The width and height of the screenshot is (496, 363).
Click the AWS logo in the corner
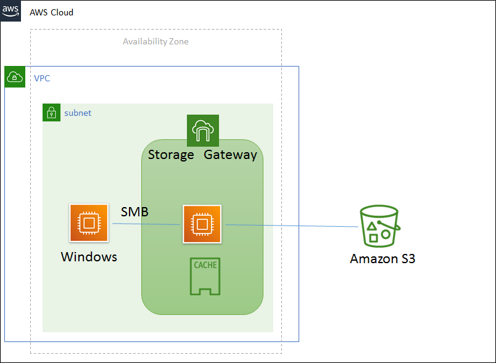[x=10, y=11]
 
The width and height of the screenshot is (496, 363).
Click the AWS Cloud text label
[x=51, y=12]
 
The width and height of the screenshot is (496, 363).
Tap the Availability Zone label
[x=155, y=42]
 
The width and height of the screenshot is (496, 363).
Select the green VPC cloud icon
[x=15, y=77]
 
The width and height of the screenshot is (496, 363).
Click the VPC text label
[x=42, y=78]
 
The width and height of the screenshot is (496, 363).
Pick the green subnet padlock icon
[x=52, y=113]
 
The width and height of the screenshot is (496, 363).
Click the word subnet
[x=78, y=113]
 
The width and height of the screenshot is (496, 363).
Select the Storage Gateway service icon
[x=202, y=131]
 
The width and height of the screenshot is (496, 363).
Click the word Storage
[x=171, y=155]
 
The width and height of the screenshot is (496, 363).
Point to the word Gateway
[x=230, y=155]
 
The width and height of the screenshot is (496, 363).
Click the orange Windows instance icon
[x=89, y=222]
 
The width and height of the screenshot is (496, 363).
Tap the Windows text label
[x=89, y=257]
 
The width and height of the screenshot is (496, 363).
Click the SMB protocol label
[x=134, y=212]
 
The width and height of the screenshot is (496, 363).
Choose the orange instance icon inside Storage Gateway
[x=201, y=224]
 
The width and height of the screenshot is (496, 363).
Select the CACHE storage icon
[x=205, y=277]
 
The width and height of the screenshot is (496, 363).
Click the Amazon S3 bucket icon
[x=379, y=227]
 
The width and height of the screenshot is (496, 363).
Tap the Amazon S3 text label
[x=382, y=259]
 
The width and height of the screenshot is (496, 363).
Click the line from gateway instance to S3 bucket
[x=290, y=226]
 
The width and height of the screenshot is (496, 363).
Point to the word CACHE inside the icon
[x=205, y=266]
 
